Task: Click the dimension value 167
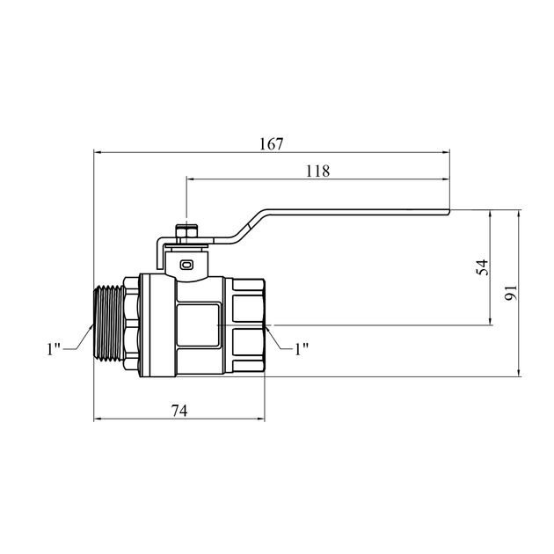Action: click(272, 144)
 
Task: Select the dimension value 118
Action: click(317, 171)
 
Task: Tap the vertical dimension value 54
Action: click(482, 266)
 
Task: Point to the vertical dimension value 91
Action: click(511, 293)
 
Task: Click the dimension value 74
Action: click(179, 411)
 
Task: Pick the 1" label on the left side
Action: click(54, 349)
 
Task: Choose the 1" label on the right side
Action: click(302, 349)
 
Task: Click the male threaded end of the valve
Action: click(109, 323)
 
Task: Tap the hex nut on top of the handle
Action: click(187, 234)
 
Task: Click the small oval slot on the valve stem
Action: click(186, 265)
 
